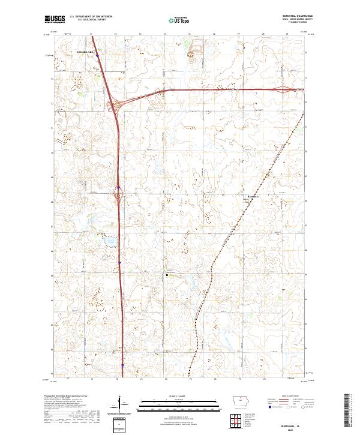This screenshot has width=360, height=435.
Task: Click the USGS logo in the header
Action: click(55, 19)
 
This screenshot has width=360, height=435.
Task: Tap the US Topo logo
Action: click(179, 20)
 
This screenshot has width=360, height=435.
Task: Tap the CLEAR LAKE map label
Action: click(86, 52)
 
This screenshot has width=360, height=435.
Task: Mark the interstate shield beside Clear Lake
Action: click(97, 54)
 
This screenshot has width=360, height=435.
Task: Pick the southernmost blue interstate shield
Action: click(122, 364)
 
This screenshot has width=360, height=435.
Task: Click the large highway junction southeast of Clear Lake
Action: click(114, 106)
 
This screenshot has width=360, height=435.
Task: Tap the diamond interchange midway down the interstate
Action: click(118, 194)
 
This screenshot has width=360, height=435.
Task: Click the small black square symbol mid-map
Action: click(167, 275)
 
